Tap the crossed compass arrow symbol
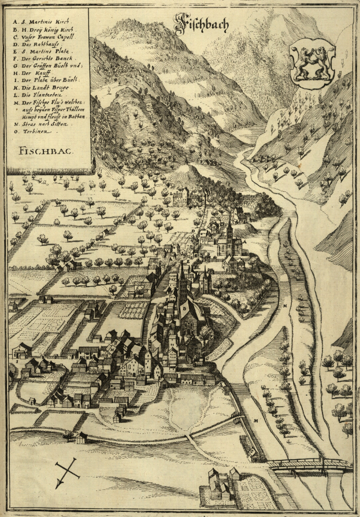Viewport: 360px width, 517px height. click(x=68, y=470)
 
